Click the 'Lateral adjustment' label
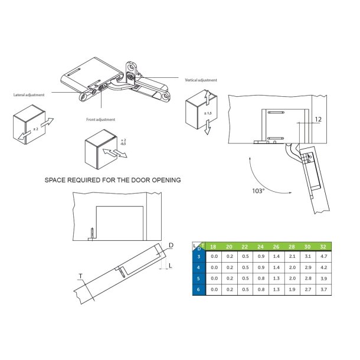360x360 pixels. pyautogui.click(x=29, y=94)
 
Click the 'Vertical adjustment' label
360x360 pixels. pyautogui.click(x=201, y=80)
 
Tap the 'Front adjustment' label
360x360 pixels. pyautogui.click(x=102, y=120)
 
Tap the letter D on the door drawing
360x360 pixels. pyautogui.click(x=171, y=245)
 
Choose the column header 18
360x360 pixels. pyautogui.click(x=214, y=247)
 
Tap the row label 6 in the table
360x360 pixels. pyautogui.click(x=199, y=290)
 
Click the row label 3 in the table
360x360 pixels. pyautogui.click(x=199, y=257)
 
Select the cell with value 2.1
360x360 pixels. pyautogui.click(x=292, y=257)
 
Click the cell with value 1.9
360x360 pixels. pyautogui.click(x=292, y=290)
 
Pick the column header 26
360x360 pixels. pyautogui.click(x=276, y=247)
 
